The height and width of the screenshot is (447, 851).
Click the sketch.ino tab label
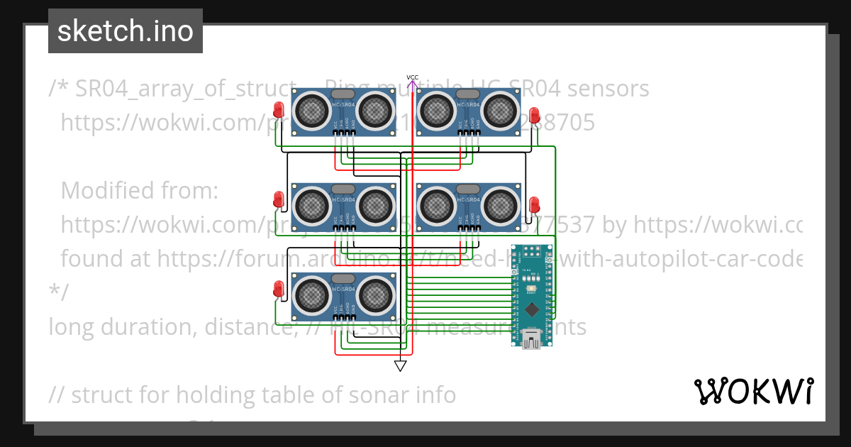tap(125, 31)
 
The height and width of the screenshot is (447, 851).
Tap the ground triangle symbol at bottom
tap(401, 366)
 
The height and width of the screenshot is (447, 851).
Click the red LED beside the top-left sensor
tap(279, 110)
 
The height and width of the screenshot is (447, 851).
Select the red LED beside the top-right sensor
tap(535, 115)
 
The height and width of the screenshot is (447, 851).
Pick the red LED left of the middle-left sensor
tap(279, 199)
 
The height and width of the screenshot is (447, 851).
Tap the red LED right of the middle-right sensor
tap(535, 205)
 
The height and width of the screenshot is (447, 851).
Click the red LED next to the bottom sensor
tap(279, 289)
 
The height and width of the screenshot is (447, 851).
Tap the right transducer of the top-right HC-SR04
tap(500, 110)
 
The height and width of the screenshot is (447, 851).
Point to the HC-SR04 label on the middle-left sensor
tap(343, 199)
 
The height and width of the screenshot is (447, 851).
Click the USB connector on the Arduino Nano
tap(531, 339)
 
